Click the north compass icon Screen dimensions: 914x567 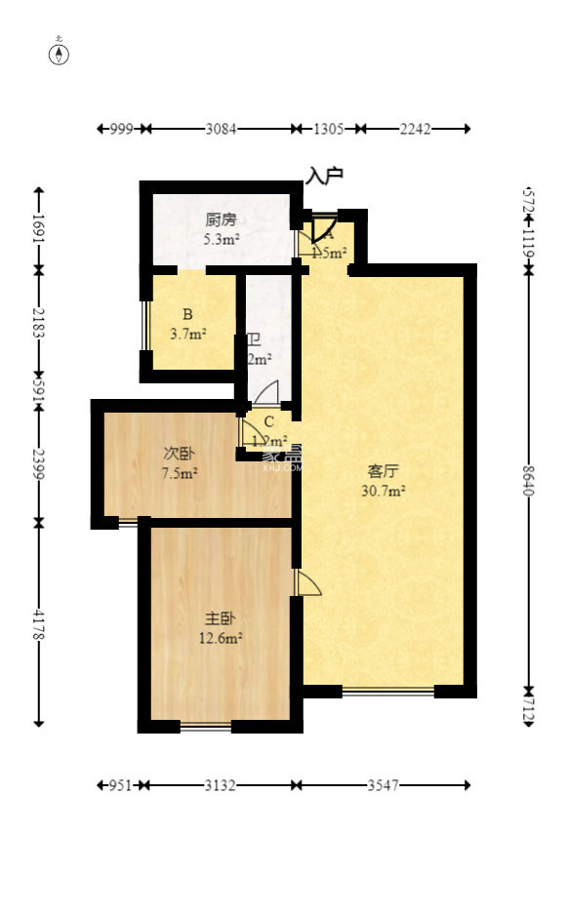coord(60,53)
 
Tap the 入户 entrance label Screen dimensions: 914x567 coord(325,176)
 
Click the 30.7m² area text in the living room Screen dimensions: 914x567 coord(383,491)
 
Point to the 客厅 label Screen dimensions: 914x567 coord(382,470)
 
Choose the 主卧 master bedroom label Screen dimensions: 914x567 coord(220,618)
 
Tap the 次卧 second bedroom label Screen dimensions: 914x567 coord(179,454)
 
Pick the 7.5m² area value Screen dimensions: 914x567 coord(179,474)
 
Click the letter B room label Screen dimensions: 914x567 coord(187,314)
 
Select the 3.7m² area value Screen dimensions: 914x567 coord(187,335)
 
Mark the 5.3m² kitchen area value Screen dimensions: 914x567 coord(222,239)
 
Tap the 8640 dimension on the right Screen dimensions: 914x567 coord(528,480)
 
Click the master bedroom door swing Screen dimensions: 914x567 coord(306,582)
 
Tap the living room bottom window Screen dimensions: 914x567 coord(387,692)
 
